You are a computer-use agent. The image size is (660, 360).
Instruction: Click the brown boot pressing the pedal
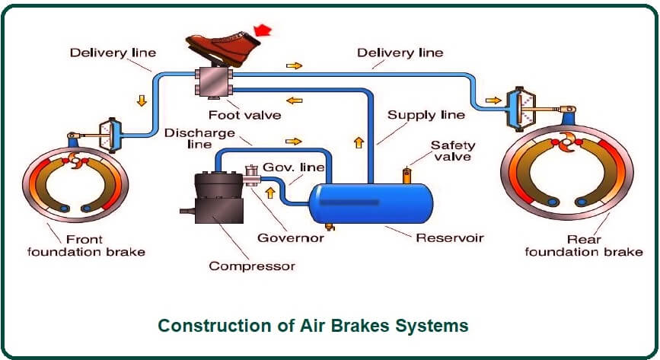tap(223, 48)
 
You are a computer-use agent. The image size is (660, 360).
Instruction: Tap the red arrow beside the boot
tap(263, 30)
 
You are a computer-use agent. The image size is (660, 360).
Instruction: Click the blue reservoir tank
tap(371, 203)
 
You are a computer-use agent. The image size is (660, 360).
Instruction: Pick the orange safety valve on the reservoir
tap(407, 176)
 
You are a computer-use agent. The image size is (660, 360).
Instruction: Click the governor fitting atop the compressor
tap(252, 175)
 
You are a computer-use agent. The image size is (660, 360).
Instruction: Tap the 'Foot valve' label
tap(245, 115)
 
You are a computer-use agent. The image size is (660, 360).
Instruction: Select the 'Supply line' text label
tap(426, 115)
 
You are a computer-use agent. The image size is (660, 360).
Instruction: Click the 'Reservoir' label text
tap(450, 238)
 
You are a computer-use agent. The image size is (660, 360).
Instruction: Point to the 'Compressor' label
tap(252, 266)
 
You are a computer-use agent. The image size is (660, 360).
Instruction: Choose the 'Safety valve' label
tap(453, 151)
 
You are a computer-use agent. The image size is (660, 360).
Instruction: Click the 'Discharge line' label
tap(199, 139)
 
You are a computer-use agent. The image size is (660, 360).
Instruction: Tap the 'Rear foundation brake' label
tap(584, 246)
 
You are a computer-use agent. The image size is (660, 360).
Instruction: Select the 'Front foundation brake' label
tap(86, 246)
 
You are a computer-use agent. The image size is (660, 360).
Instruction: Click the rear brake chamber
tap(520, 109)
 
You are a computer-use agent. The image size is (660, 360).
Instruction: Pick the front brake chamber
tap(110, 135)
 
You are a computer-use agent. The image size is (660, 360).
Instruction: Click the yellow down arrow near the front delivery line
tap(142, 100)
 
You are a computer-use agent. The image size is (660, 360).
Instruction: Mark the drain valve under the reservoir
tap(330, 228)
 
